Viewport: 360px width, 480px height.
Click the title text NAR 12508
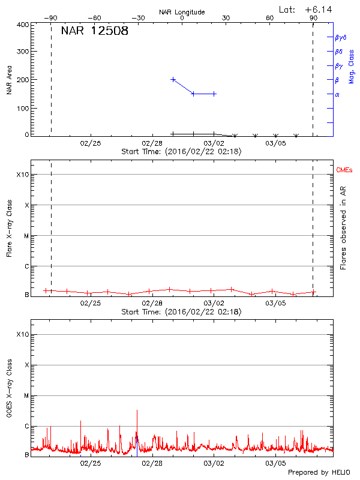[x=95, y=32]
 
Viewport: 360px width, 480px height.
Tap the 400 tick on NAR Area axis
[x=23, y=25]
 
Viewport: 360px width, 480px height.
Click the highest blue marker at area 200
[x=173, y=79]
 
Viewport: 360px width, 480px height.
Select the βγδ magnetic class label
[x=341, y=37]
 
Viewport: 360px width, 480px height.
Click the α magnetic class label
[x=337, y=94]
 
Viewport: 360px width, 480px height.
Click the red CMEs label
[x=344, y=170]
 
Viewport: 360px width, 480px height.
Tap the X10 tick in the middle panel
[x=22, y=175]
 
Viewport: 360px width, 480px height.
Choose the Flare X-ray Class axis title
[x=10, y=231]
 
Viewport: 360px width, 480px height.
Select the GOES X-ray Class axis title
[x=10, y=389]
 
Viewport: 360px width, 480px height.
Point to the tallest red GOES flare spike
[x=137, y=411]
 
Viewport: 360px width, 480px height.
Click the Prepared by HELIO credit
[x=318, y=472]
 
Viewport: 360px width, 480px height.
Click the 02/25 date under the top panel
[x=91, y=143]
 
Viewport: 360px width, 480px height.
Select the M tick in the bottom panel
[x=26, y=395]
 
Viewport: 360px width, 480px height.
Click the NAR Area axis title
[x=10, y=80]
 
